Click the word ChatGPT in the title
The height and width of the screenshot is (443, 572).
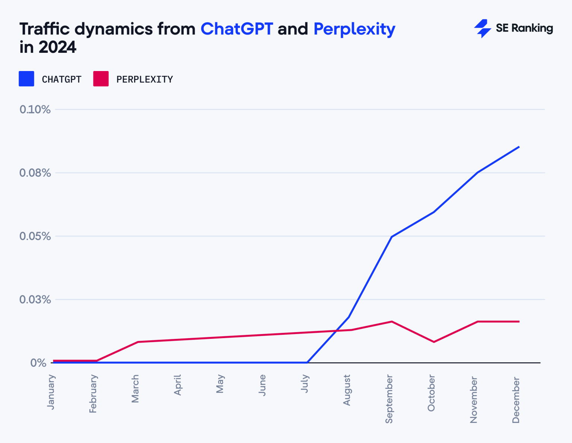(x=236, y=29)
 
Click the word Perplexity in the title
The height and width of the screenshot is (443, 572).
(x=354, y=29)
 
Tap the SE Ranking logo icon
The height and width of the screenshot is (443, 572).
(x=483, y=29)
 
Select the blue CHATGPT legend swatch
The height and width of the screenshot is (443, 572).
(x=26, y=79)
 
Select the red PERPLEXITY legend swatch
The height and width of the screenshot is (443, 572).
(x=101, y=79)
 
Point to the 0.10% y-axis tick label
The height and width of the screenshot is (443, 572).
(x=35, y=109)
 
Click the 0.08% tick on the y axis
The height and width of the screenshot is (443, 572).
(x=35, y=173)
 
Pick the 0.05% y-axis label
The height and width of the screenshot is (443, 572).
(x=35, y=236)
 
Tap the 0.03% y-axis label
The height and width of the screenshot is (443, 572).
(x=35, y=299)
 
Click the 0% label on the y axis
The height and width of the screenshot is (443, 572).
(x=38, y=363)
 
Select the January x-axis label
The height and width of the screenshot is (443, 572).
(x=51, y=392)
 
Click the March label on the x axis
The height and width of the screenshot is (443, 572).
(x=135, y=389)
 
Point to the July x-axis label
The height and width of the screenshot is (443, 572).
(x=305, y=383)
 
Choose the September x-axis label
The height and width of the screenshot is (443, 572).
(x=389, y=399)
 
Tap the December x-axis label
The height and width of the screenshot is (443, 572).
(x=516, y=400)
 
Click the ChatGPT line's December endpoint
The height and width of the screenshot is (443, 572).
(x=519, y=147)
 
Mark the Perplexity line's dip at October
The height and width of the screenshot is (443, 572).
(x=434, y=342)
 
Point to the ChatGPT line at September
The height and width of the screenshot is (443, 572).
(x=392, y=237)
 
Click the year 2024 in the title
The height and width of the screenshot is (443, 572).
(x=57, y=48)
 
